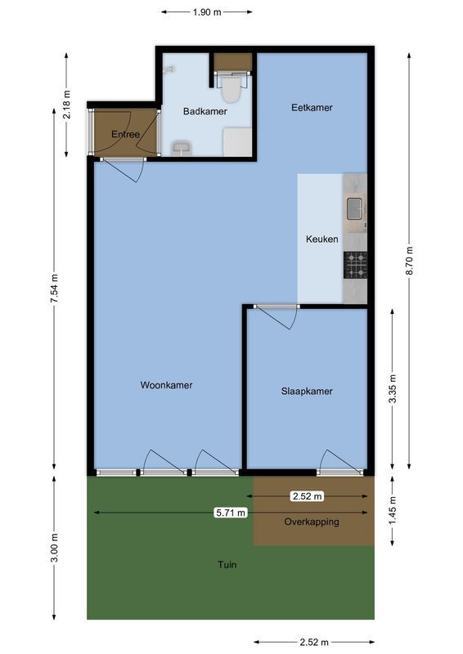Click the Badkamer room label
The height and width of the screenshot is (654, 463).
pos(205,111)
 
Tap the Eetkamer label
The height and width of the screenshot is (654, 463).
pos(312,108)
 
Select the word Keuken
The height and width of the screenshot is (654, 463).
pos(321,240)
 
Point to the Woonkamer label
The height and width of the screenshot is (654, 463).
pos(166,385)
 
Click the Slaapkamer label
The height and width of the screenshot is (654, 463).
pos(307,392)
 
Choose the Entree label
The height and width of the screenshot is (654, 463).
pos(125,134)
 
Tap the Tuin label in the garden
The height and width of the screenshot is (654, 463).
pos(227,564)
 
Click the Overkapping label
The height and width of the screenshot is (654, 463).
pos(312,522)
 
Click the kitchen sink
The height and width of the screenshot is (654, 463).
pos(355,210)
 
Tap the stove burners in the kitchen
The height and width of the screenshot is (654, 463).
pos(356,265)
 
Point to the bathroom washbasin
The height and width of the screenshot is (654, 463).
pos(181,147)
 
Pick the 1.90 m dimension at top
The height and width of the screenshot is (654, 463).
pos(206,12)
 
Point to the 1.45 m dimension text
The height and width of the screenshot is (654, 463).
pos(393,511)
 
